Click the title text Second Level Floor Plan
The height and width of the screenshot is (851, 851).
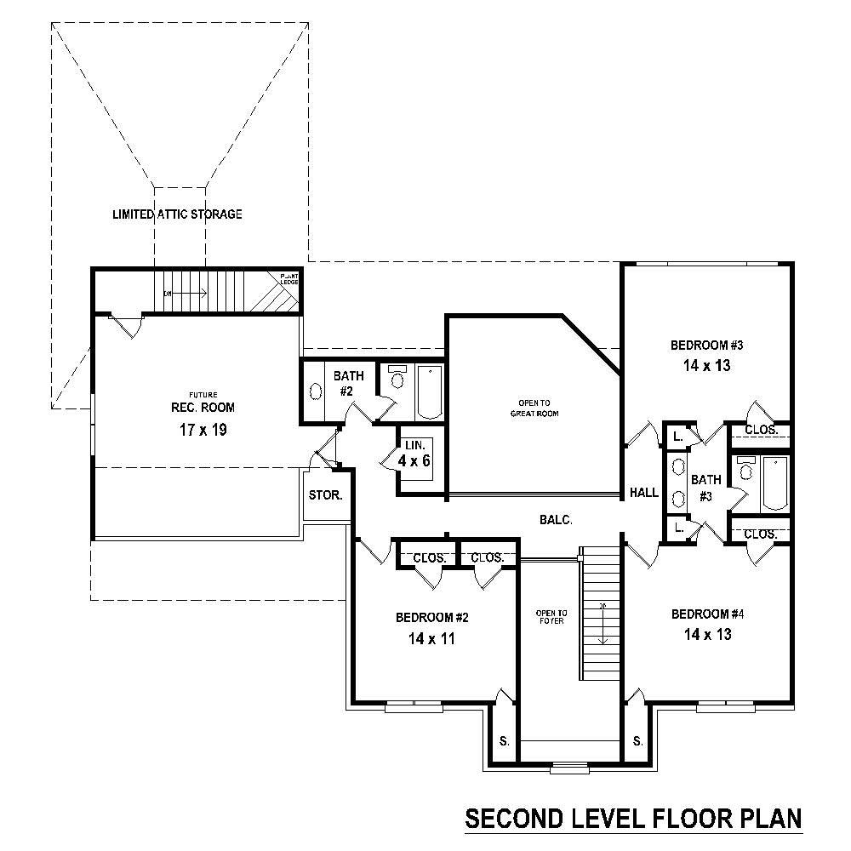[x=633, y=819]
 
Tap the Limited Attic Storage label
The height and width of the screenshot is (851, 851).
[x=177, y=214]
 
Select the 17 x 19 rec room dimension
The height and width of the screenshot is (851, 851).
[x=203, y=430]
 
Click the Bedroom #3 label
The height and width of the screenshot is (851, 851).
[x=707, y=346]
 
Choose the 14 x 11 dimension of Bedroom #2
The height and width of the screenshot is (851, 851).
[x=431, y=638]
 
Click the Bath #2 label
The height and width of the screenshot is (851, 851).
[x=348, y=383]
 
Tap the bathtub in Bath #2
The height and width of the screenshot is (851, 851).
[x=430, y=391]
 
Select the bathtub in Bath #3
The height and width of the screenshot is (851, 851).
[x=774, y=483]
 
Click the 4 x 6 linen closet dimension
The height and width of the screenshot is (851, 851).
[x=414, y=460]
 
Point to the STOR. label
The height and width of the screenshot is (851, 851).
[x=325, y=494]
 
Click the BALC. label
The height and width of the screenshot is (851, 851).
[x=555, y=519]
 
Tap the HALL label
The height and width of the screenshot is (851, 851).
[x=644, y=493]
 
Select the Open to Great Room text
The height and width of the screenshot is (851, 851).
[x=530, y=408]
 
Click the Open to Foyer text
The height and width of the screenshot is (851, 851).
[x=545, y=617]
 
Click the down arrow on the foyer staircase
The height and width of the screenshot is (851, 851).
[x=603, y=626]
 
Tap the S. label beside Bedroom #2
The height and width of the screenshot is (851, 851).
[x=504, y=741]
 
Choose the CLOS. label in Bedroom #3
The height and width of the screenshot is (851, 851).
[x=761, y=431]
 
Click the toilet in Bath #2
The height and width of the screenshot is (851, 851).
[x=397, y=379]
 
